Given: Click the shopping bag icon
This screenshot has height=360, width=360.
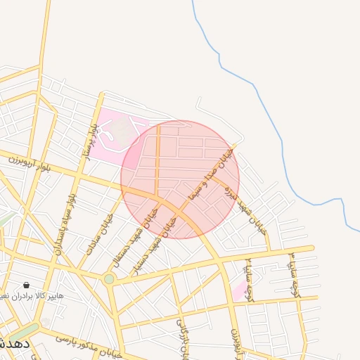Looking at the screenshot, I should click(27, 285).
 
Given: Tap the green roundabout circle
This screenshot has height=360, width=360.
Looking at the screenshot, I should click(109, 279).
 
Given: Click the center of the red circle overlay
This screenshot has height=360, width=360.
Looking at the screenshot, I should click(180, 179).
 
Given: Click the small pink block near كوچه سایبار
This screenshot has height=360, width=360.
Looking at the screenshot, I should click(240, 290).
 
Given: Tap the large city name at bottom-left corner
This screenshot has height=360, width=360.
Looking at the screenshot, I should click(13, 344).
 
